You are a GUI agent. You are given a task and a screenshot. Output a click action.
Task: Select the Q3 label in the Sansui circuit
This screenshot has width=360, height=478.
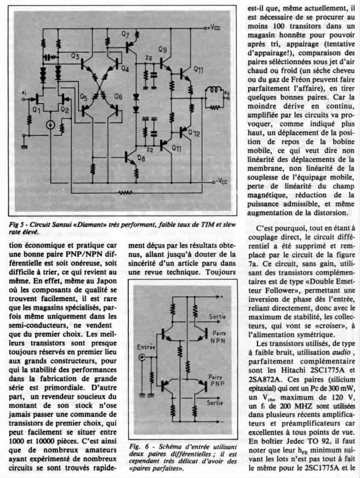pos(76,56)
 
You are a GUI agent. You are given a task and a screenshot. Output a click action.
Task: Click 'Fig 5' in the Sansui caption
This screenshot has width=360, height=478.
pos(20,225)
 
